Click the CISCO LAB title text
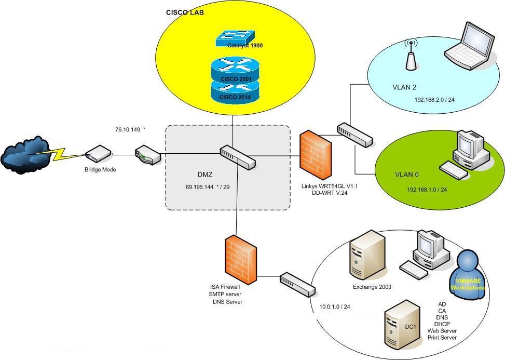184,12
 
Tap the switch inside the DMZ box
237,157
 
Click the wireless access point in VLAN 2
412,55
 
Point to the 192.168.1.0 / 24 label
427,190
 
